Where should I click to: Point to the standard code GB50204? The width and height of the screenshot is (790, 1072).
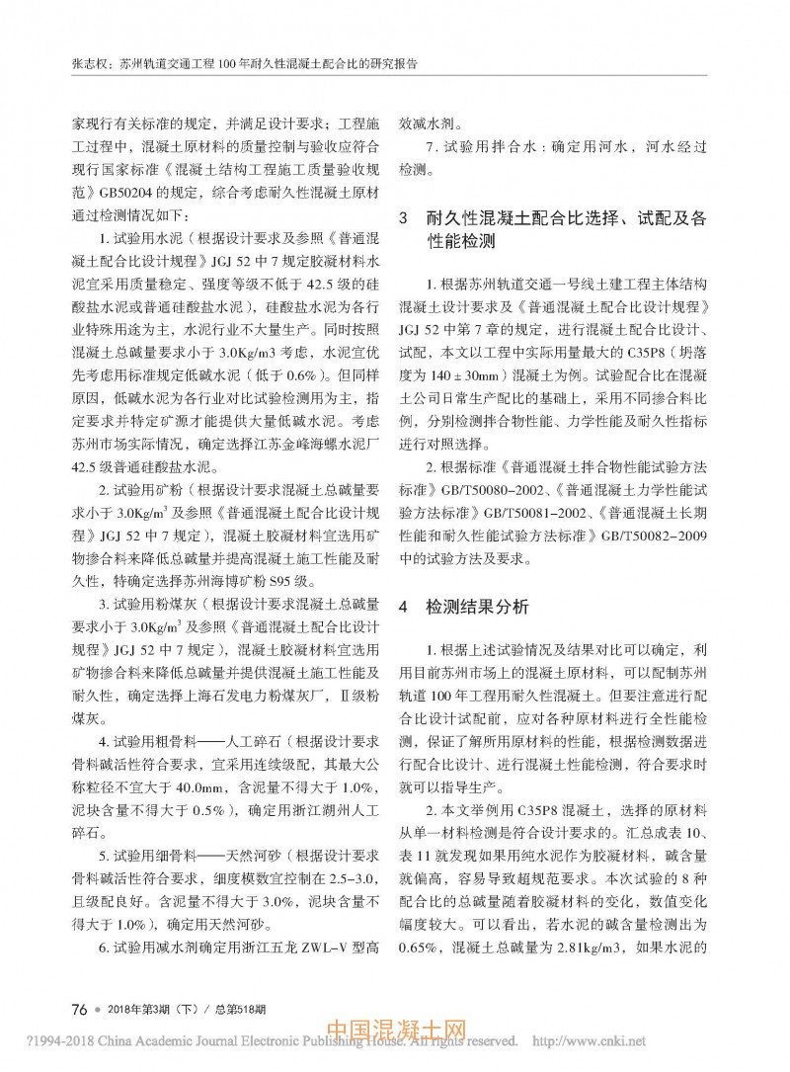tap(122, 194)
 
